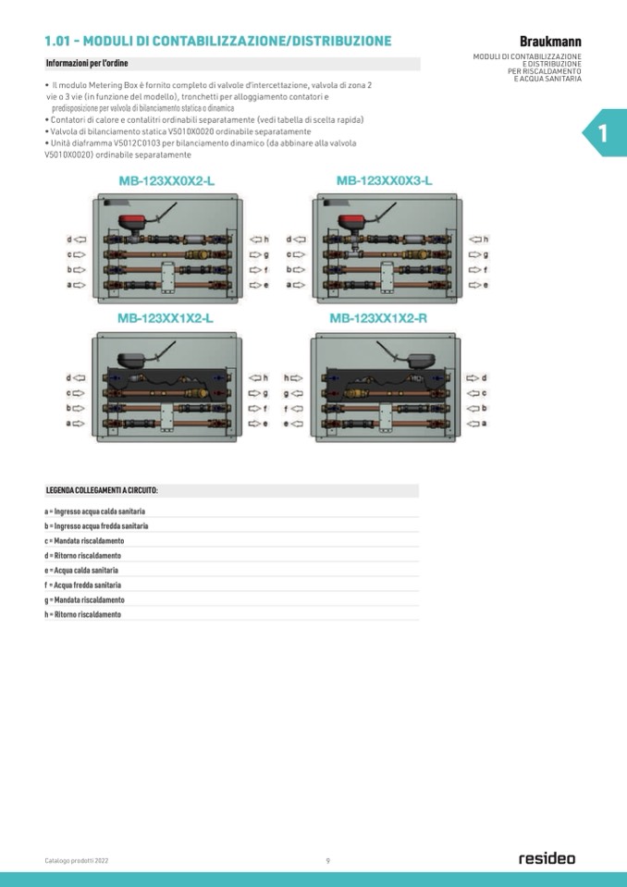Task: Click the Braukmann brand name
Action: click(x=550, y=42)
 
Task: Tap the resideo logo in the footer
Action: click(x=547, y=858)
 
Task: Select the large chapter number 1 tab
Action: click(x=604, y=133)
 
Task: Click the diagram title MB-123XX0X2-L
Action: click(x=166, y=181)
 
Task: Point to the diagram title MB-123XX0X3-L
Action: click(x=385, y=180)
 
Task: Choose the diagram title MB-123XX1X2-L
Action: click(x=166, y=318)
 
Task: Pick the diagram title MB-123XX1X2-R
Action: click(x=378, y=318)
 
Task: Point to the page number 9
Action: click(x=328, y=861)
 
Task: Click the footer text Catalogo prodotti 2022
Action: click(x=77, y=861)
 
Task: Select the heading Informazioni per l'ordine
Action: click(x=87, y=64)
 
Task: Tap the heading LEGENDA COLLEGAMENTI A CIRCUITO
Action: click(x=101, y=490)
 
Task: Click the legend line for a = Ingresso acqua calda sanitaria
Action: click(x=95, y=511)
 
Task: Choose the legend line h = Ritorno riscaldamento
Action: click(x=83, y=614)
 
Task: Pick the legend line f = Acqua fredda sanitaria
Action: click(x=83, y=585)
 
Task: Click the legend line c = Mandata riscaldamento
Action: click(x=85, y=541)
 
